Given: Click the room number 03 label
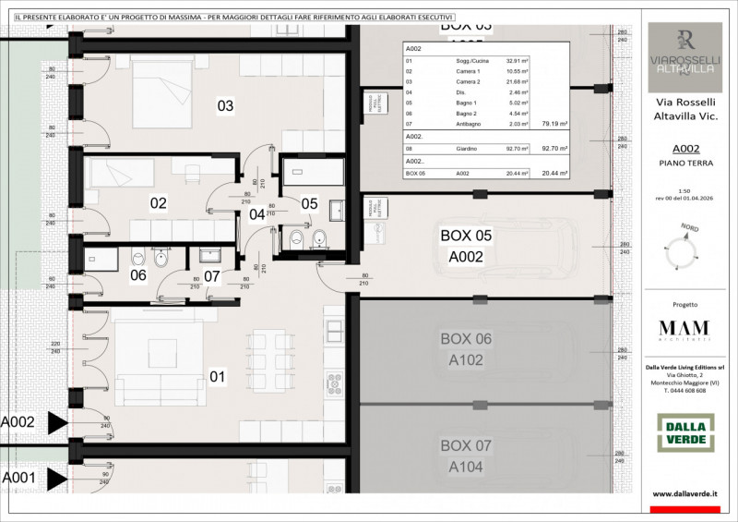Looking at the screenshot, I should click(x=225, y=105).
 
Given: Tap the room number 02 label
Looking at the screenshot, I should click(x=158, y=202).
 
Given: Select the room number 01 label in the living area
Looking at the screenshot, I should click(x=218, y=376).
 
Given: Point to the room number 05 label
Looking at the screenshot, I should click(x=309, y=203).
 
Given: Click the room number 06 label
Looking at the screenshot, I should click(x=137, y=274).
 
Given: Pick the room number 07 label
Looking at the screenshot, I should click(x=211, y=274).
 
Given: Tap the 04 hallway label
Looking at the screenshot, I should click(x=256, y=214).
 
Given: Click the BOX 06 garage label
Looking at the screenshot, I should click(x=465, y=349).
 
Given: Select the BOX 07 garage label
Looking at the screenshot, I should click(x=465, y=456).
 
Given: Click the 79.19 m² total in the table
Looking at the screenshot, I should click(x=554, y=122).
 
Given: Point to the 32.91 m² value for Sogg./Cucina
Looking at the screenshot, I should click(x=517, y=60).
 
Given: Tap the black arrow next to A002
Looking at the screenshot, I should click(x=57, y=423).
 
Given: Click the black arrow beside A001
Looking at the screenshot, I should click(x=57, y=478).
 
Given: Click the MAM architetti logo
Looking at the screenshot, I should click(x=684, y=331).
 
